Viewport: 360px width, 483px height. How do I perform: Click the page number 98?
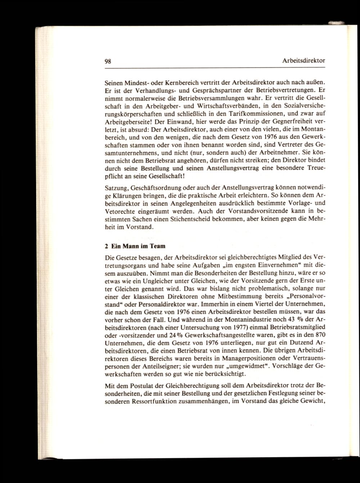tap(107, 61)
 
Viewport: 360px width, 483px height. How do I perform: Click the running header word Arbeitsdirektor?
tap(304, 61)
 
